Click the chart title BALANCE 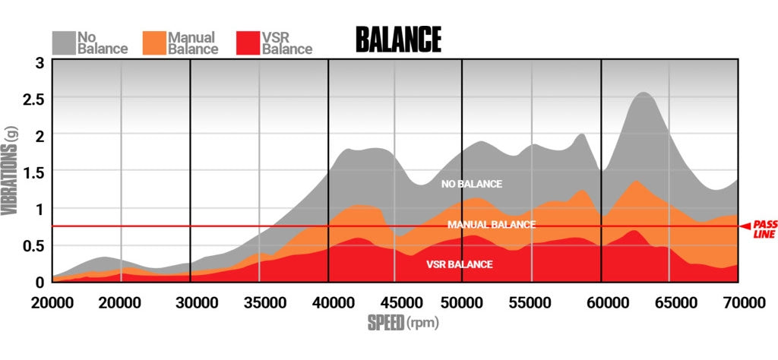coord(398,39)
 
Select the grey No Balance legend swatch coord(65,42)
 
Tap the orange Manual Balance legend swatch coord(155,42)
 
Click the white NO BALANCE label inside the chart coord(472,184)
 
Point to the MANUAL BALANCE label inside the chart coord(492,225)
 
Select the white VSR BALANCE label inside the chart coord(459,264)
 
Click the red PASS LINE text coord(763,229)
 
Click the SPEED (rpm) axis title coord(403,323)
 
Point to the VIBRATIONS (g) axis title coord(11,171)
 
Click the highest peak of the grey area coord(643,93)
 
